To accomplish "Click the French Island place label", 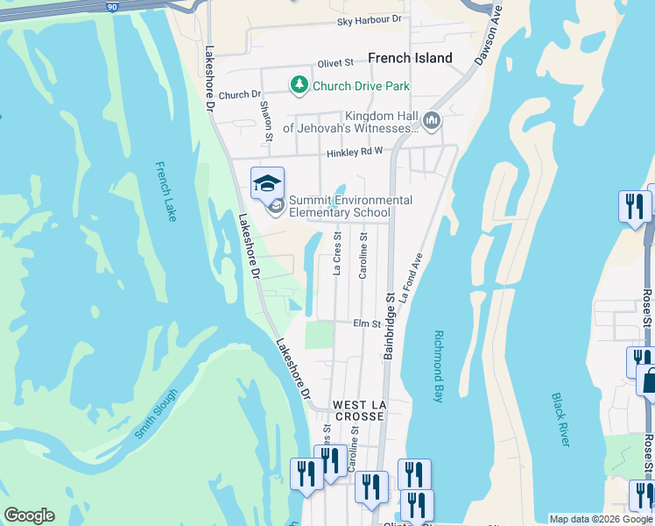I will tap(410, 58).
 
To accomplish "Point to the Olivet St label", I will tap(335, 63).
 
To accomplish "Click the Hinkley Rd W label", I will tap(356, 153).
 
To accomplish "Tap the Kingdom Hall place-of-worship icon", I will tap(431, 119).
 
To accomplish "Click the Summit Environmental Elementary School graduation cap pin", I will tap(267, 183).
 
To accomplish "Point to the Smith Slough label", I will tap(156, 413).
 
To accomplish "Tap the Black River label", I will tap(560, 419).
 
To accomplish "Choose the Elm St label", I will tap(367, 323).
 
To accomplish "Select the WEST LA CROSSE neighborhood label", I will tap(358, 410).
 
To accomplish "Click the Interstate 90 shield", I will tap(112, 5).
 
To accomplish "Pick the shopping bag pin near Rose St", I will tap(649, 381).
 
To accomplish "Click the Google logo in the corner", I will tap(29, 515).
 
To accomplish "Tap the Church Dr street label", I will tap(240, 95).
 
